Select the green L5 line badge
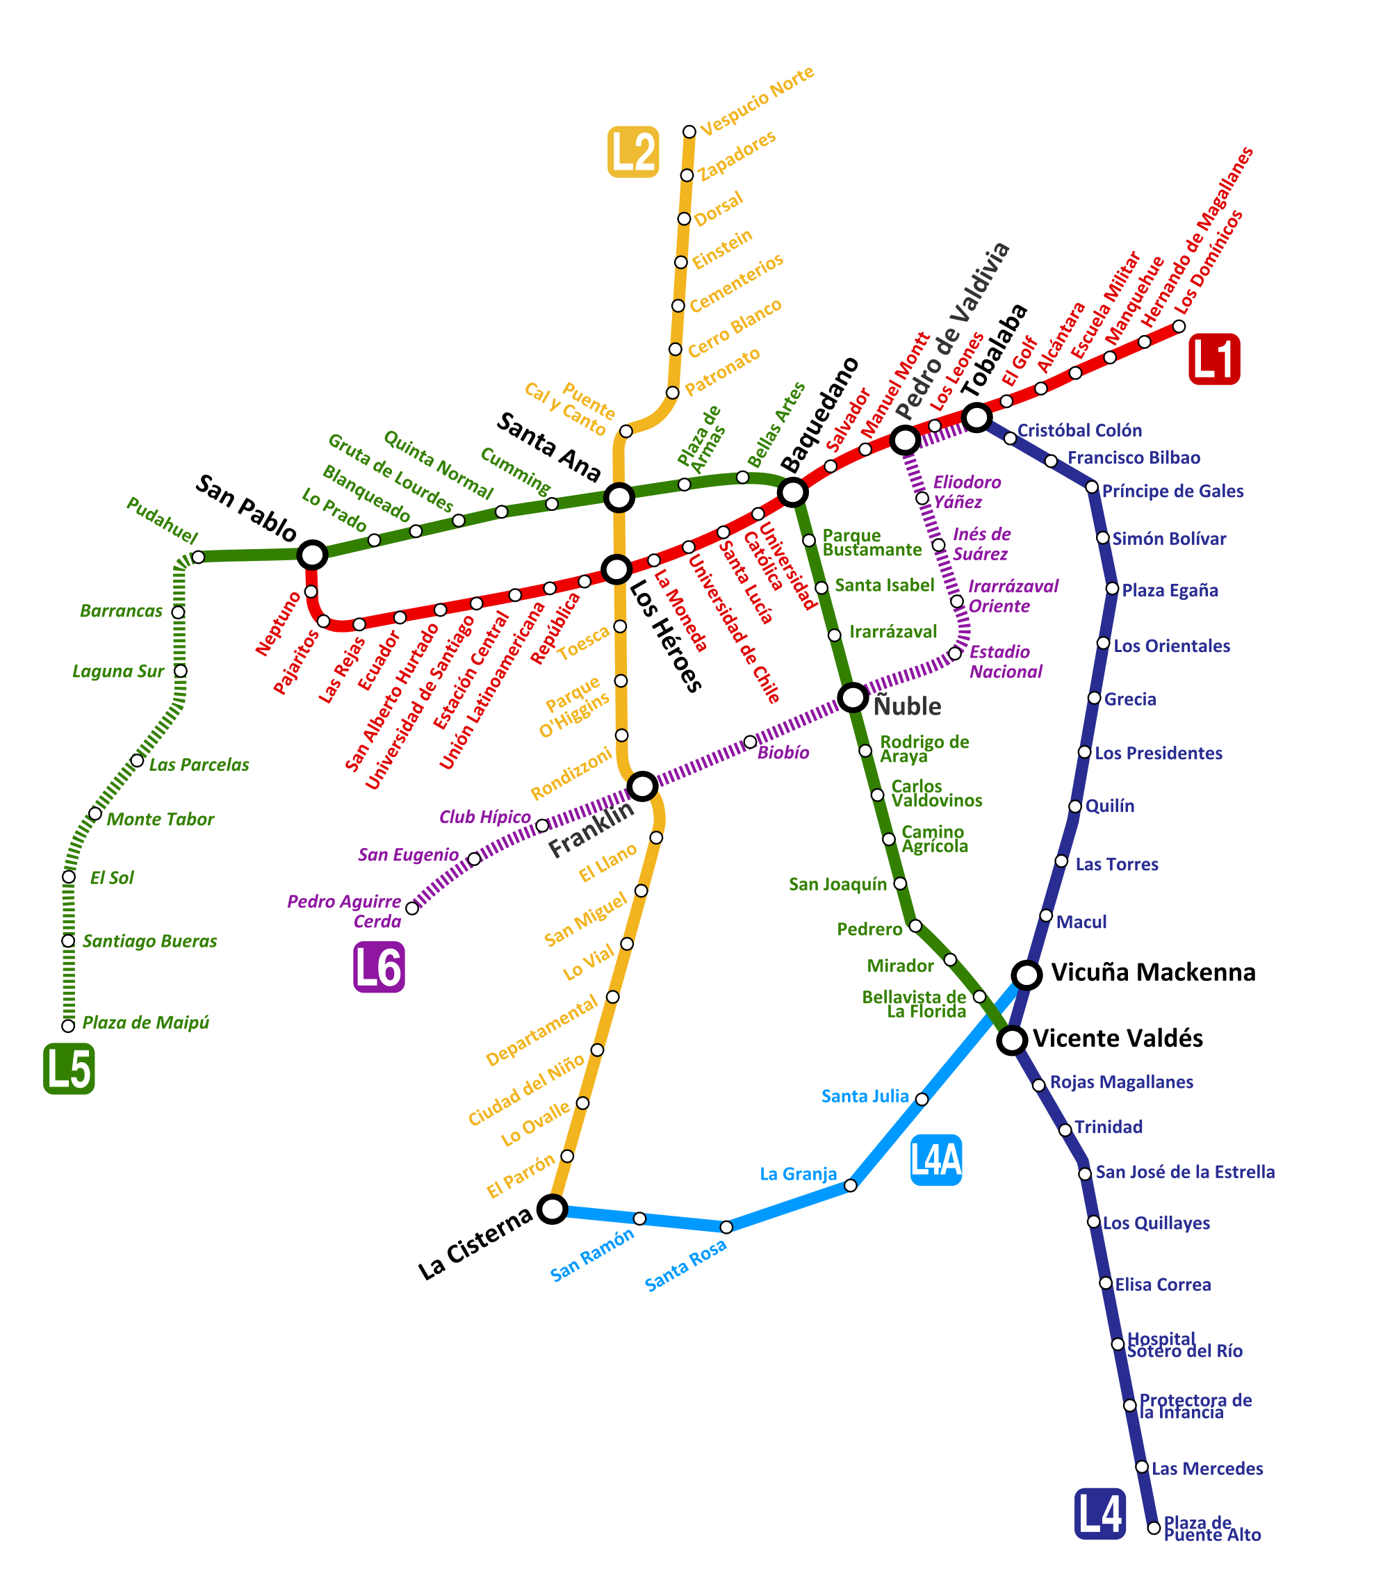(69, 1068)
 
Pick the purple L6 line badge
(379, 967)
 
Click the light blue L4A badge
(936, 1160)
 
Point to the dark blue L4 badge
(1100, 1514)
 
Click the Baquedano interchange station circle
(793, 492)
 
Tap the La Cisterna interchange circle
(553, 1209)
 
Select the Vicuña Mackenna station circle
(1027, 975)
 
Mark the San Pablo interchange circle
(312, 555)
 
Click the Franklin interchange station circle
(643, 787)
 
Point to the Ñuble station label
(908, 706)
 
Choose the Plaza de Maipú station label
(146, 1022)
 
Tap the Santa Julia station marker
(922, 1099)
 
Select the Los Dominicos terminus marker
(1179, 326)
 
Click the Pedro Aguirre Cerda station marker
(412, 908)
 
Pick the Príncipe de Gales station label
(1173, 491)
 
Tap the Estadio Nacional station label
(1006, 662)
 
